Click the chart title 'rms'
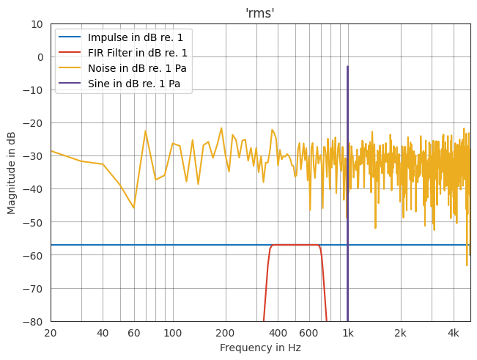pos(260,12)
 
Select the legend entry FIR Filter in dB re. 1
pos(137,53)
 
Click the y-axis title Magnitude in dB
pos(12,172)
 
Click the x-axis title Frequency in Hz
pos(260,348)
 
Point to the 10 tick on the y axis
pos(36,24)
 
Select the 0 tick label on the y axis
pos(40,57)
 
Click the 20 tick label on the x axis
pos(51,333)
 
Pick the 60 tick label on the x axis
pos(133,333)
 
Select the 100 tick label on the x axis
pos(172,333)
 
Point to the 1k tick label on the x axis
pos(347,333)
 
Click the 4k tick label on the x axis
pos(453,333)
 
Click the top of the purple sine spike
pos(347,67)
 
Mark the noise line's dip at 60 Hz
pos(133,207)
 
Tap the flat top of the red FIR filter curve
pos(295,245)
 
